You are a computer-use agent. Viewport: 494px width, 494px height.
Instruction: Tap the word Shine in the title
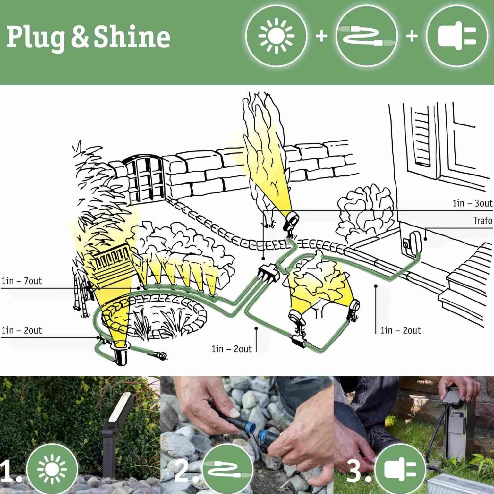[x=132, y=37]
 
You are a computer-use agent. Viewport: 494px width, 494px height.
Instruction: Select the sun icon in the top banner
[x=276, y=36]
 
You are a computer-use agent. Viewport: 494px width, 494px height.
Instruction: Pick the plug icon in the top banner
[x=457, y=36]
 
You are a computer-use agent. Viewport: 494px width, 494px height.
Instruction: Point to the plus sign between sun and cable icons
[x=321, y=36]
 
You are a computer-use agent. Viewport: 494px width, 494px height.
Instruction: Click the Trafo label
[x=482, y=221]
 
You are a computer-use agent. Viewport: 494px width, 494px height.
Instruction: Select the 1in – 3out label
[x=472, y=203]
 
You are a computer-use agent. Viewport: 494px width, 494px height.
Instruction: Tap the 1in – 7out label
[x=22, y=281]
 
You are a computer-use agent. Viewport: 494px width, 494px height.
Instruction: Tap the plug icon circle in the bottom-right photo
[x=400, y=469]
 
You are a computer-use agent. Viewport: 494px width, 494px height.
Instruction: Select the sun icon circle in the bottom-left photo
[x=52, y=469]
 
